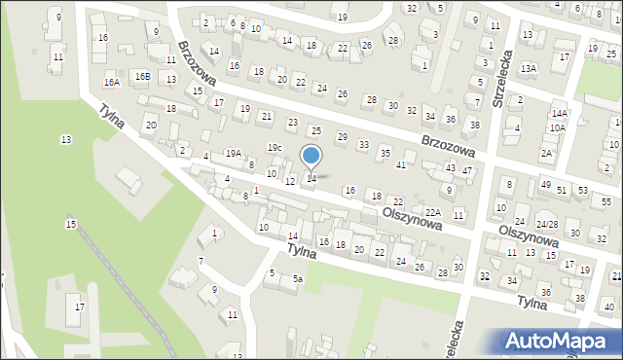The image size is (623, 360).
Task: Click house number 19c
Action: click(x=275, y=148)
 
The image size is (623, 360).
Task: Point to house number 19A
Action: click(x=234, y=153)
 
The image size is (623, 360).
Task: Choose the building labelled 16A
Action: click(x=112, y=83)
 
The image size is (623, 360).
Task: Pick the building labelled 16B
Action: click(x=142, y=75)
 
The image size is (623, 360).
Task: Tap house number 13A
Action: click(x=529, y=68)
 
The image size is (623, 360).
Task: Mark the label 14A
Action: click(x=559, y=113)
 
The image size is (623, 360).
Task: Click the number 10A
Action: click(x=557, y=127)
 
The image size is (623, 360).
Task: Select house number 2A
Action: click(x=547, y=153)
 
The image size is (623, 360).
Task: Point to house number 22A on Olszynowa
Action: click(x=433, y=212)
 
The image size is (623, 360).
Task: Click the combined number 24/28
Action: click(x=547, y=225)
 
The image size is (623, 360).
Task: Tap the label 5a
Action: click(x=298, y=279)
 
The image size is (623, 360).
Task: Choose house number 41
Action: click(x=401, y=164)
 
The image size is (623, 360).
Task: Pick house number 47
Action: click(x=467, y=171)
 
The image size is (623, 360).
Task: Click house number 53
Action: click(x=582, y=189)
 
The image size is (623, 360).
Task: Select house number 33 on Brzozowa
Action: click(x=363, y=144)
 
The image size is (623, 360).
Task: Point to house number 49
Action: click(x=545, y=185)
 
